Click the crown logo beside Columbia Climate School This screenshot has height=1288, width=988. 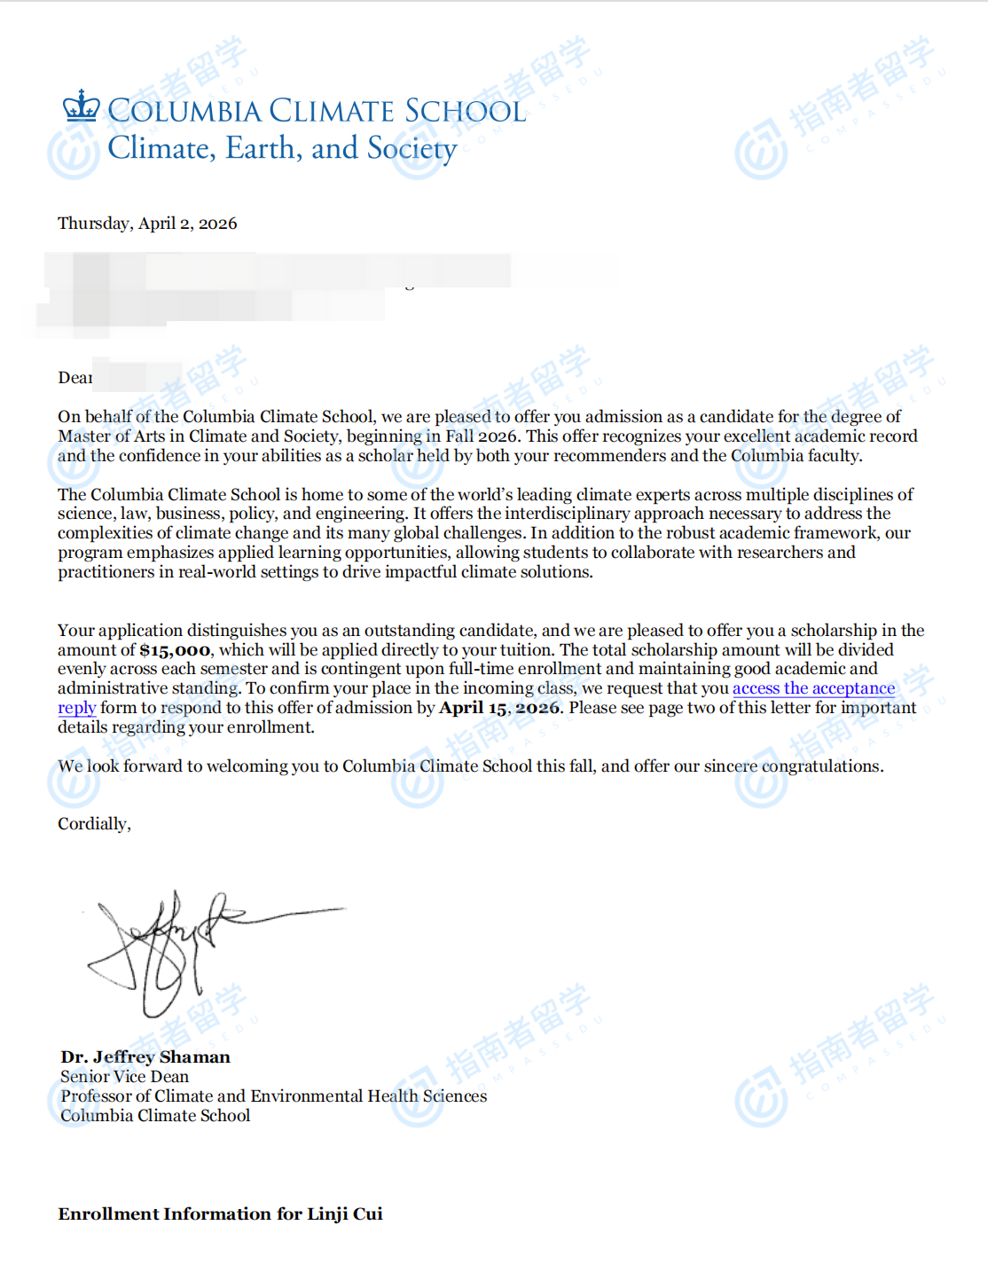click(82, 106)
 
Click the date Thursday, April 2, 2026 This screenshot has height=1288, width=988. click(147, 224)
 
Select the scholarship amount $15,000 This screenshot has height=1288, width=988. click(175, 650)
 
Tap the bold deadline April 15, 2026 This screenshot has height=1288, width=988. click(499, 708)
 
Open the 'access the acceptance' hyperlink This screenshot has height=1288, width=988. click(813, 688)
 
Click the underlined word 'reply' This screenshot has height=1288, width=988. click(76, 708)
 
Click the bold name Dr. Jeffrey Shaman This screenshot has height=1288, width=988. click(145, 1056)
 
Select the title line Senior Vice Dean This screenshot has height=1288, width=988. click(124, 1076)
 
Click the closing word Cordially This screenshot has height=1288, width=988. click(93, 824)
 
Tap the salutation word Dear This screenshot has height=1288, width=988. click(74, 378)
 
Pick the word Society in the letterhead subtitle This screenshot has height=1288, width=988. click(412, 149)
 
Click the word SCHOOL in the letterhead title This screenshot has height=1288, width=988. click(465, 112)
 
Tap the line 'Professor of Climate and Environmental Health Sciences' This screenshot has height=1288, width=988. click(273, 1096)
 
